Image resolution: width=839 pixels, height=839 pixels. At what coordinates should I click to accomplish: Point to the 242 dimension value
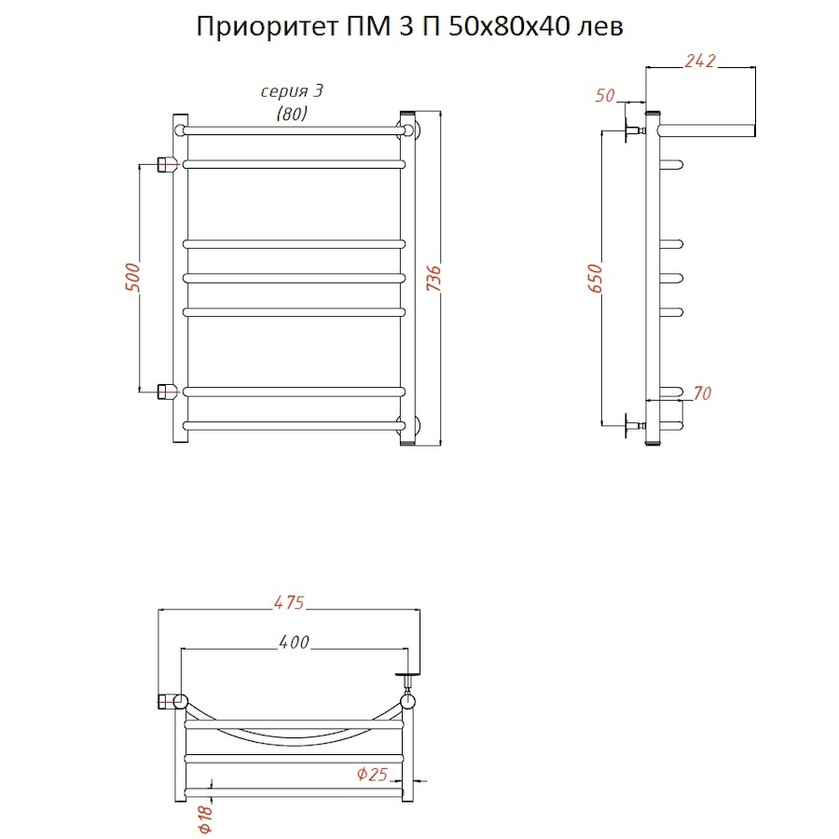tap(698, 61)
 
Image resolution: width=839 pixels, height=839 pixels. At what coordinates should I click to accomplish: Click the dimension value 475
tap(289, 603)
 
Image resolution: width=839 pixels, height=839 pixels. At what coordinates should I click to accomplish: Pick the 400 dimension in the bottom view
tap(294, 642)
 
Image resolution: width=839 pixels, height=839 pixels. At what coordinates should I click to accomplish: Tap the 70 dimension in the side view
tap(702, 393)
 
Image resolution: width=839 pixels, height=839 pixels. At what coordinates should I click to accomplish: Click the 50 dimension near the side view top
tap(605, 94)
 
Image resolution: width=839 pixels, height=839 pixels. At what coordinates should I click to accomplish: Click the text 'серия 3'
tap(291, 91)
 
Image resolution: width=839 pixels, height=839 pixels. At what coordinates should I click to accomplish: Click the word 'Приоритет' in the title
tap(260, 28)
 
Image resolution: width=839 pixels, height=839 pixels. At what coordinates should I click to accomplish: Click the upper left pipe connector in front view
tap(166, 165)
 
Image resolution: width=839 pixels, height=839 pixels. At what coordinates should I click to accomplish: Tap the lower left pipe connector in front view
tap(166, 391)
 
